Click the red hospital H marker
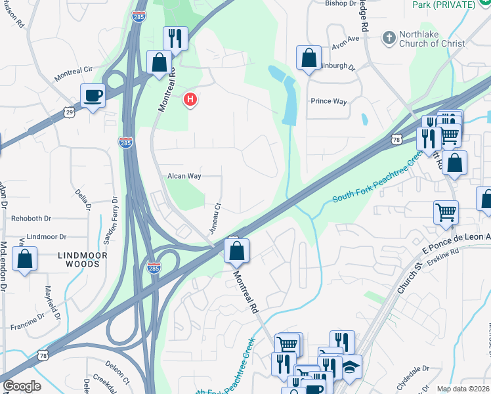pyautogui.click(x=190, y=100)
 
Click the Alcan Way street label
pyautogui.click(x=184, y=176)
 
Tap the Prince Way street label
pyautogui.click(x=328, y=101)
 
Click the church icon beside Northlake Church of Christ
pyautogui.click(x=390, y=38)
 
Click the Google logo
pyautogui.click(x=21, y=386)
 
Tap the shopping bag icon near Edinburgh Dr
pyautogui.click(x=309, y=59)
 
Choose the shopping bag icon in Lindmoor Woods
pyautogui.click(x=24, y=259)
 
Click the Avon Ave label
pyautogui.click(x=346, y=39)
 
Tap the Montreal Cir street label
pyautogui.click(x=75, y=74)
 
